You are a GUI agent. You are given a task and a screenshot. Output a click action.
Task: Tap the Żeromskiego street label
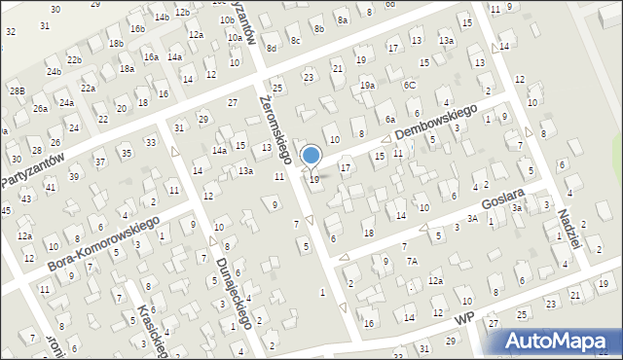tap(275, 126)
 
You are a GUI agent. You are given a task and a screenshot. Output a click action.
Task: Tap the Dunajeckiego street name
tap(235, 293)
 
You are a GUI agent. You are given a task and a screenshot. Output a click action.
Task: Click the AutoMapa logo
tap(559, 342)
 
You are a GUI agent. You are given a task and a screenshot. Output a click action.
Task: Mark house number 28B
tap(17, 90)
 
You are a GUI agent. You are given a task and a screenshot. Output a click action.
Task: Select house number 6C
tap(410, 85)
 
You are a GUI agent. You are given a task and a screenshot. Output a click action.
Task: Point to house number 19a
tap(367, 86)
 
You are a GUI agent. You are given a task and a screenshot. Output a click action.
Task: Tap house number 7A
tap(412, 261)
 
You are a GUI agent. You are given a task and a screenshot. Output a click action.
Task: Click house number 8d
tap(272, 48)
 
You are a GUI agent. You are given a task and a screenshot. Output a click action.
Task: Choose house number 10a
tap(235, 37)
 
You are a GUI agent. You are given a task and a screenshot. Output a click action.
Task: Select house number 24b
tap(54, 71)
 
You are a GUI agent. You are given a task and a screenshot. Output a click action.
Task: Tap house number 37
tap(99, 162)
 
